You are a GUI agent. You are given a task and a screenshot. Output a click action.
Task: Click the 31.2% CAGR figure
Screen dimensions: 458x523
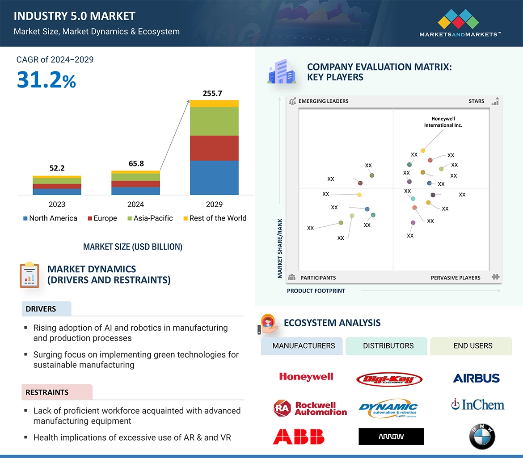click(x=46, y=80)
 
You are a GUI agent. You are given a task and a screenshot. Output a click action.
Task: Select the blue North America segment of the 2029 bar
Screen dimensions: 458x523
click(x=214, y=178)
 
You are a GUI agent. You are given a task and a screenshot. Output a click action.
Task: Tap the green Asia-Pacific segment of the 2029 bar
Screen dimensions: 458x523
click(x=214, y=121)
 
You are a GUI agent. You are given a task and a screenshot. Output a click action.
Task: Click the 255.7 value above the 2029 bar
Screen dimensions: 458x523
click(x=212, y=93)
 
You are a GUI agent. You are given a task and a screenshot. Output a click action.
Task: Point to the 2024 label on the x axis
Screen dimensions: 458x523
click(x=135, y=204)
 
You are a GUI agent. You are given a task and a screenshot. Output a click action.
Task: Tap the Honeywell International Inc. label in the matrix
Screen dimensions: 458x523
click(x=443, y=122)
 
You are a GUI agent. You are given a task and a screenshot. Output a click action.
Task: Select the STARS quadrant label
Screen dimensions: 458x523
click(x=476, y=101)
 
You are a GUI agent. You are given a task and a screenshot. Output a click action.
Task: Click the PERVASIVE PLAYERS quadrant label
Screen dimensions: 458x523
click(x=456, y=278)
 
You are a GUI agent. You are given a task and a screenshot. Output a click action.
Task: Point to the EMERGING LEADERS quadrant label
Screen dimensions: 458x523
click(x=323, y=101)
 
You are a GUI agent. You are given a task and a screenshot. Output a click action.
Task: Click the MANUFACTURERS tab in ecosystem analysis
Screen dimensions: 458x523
click(x=304, y=346)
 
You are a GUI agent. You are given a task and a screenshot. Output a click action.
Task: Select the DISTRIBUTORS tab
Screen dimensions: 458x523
click(x=388, y=346)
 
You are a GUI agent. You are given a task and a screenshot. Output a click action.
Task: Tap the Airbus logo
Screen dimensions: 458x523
click(x=476, y=378)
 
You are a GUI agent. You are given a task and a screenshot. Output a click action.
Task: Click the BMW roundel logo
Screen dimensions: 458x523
click(x=482, y=437)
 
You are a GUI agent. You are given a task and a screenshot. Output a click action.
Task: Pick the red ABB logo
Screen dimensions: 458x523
click(x=299, y=437)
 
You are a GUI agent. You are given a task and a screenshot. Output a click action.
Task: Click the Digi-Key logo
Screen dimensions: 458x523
click(x=389, y=379)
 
